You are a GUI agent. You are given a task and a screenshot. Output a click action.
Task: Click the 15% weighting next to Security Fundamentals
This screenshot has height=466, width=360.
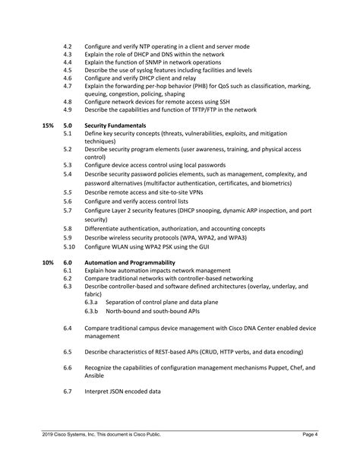[48, 125]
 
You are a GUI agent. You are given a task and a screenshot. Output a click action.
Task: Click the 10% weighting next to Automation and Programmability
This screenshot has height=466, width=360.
[48, 261]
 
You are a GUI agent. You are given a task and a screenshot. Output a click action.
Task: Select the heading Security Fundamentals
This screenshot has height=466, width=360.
[115, 125]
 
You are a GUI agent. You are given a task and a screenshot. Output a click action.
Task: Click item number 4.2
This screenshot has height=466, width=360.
[68, 46]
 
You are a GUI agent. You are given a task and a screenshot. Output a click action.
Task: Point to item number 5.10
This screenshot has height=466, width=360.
[69, 247]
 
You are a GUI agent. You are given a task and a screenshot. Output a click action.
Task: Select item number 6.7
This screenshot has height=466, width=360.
[68, 392]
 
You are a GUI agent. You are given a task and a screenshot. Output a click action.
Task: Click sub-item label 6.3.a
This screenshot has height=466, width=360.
[91, 303]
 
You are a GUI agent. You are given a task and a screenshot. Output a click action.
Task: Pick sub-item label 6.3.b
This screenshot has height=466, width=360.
[91, 311]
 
